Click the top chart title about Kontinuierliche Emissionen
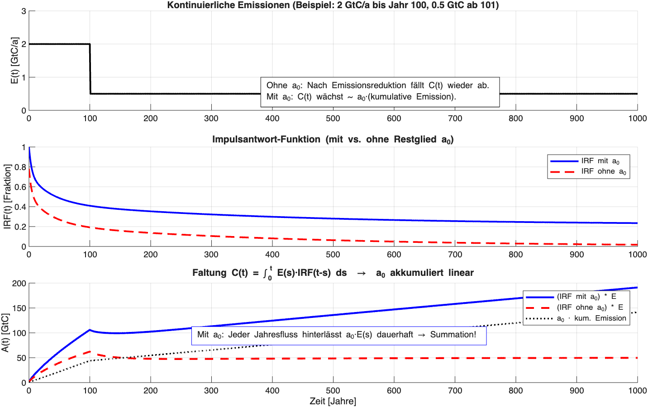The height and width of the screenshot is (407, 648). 333,5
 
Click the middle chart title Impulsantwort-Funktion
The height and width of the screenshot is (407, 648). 333,139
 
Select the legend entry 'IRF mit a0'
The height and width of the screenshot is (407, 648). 600,161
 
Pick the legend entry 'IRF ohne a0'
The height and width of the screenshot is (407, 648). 604,171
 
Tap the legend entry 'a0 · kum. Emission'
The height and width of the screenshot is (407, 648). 591,318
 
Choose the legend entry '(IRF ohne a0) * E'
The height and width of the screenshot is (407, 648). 590,308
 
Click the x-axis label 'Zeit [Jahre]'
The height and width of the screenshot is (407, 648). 333,401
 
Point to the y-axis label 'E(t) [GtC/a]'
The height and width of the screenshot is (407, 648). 14,61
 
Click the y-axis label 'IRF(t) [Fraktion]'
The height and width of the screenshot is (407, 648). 8,197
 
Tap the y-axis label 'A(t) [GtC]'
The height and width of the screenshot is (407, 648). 5,333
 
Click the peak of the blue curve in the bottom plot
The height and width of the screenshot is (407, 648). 90,330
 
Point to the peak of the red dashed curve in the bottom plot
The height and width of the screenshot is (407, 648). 90,351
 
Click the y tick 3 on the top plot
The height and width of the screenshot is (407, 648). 24,11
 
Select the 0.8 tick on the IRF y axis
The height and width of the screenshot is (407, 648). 20,167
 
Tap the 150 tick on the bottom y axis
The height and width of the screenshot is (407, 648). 19,308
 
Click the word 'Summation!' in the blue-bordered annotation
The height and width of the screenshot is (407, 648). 453,335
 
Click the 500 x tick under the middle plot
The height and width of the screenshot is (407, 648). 333,255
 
